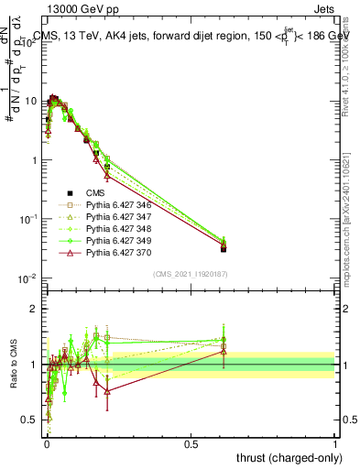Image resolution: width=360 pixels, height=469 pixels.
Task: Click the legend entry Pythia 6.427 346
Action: (119, 205)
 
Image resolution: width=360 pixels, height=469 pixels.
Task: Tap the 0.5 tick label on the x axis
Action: (191, 443)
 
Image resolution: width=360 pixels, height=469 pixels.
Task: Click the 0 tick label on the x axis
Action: (46, 443)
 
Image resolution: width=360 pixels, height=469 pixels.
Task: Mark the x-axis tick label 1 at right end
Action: (335, 443)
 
